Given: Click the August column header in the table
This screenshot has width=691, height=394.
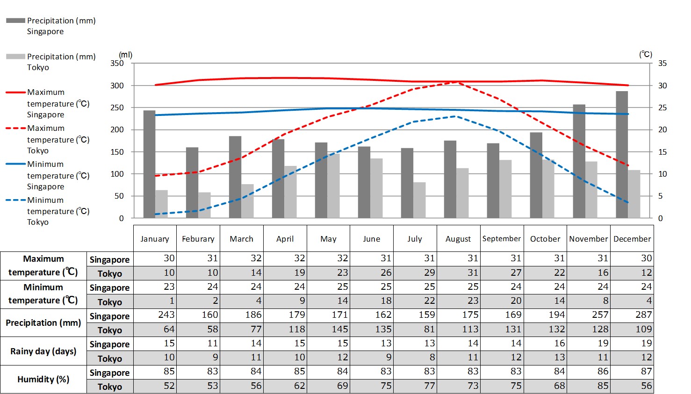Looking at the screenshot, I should pyautogui.click(x=458, y=239).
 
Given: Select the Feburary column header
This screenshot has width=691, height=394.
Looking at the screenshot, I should pyautogui.click(x=198, y=239).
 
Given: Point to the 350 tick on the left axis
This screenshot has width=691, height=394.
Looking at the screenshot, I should pyautogui.click(x=117, y=63).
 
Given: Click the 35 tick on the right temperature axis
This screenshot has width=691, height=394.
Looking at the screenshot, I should pyautogui.click(x=662, y=63).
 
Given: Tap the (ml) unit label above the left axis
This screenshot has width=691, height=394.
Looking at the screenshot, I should pyautogui.click(x=126, y=55).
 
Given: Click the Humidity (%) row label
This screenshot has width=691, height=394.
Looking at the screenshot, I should pyautogui.click(x=43, y=379).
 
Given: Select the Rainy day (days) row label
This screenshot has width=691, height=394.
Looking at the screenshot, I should pyautogui.click(x=43, y=351).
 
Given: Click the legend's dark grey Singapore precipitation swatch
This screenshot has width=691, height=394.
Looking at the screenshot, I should pyautogui.click(x=15, y=21).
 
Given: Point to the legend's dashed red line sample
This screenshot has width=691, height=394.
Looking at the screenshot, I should pyautogui.click(x=15, y=128).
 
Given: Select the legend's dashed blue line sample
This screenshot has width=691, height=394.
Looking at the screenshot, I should pyautogui.click(x=15, y=200).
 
